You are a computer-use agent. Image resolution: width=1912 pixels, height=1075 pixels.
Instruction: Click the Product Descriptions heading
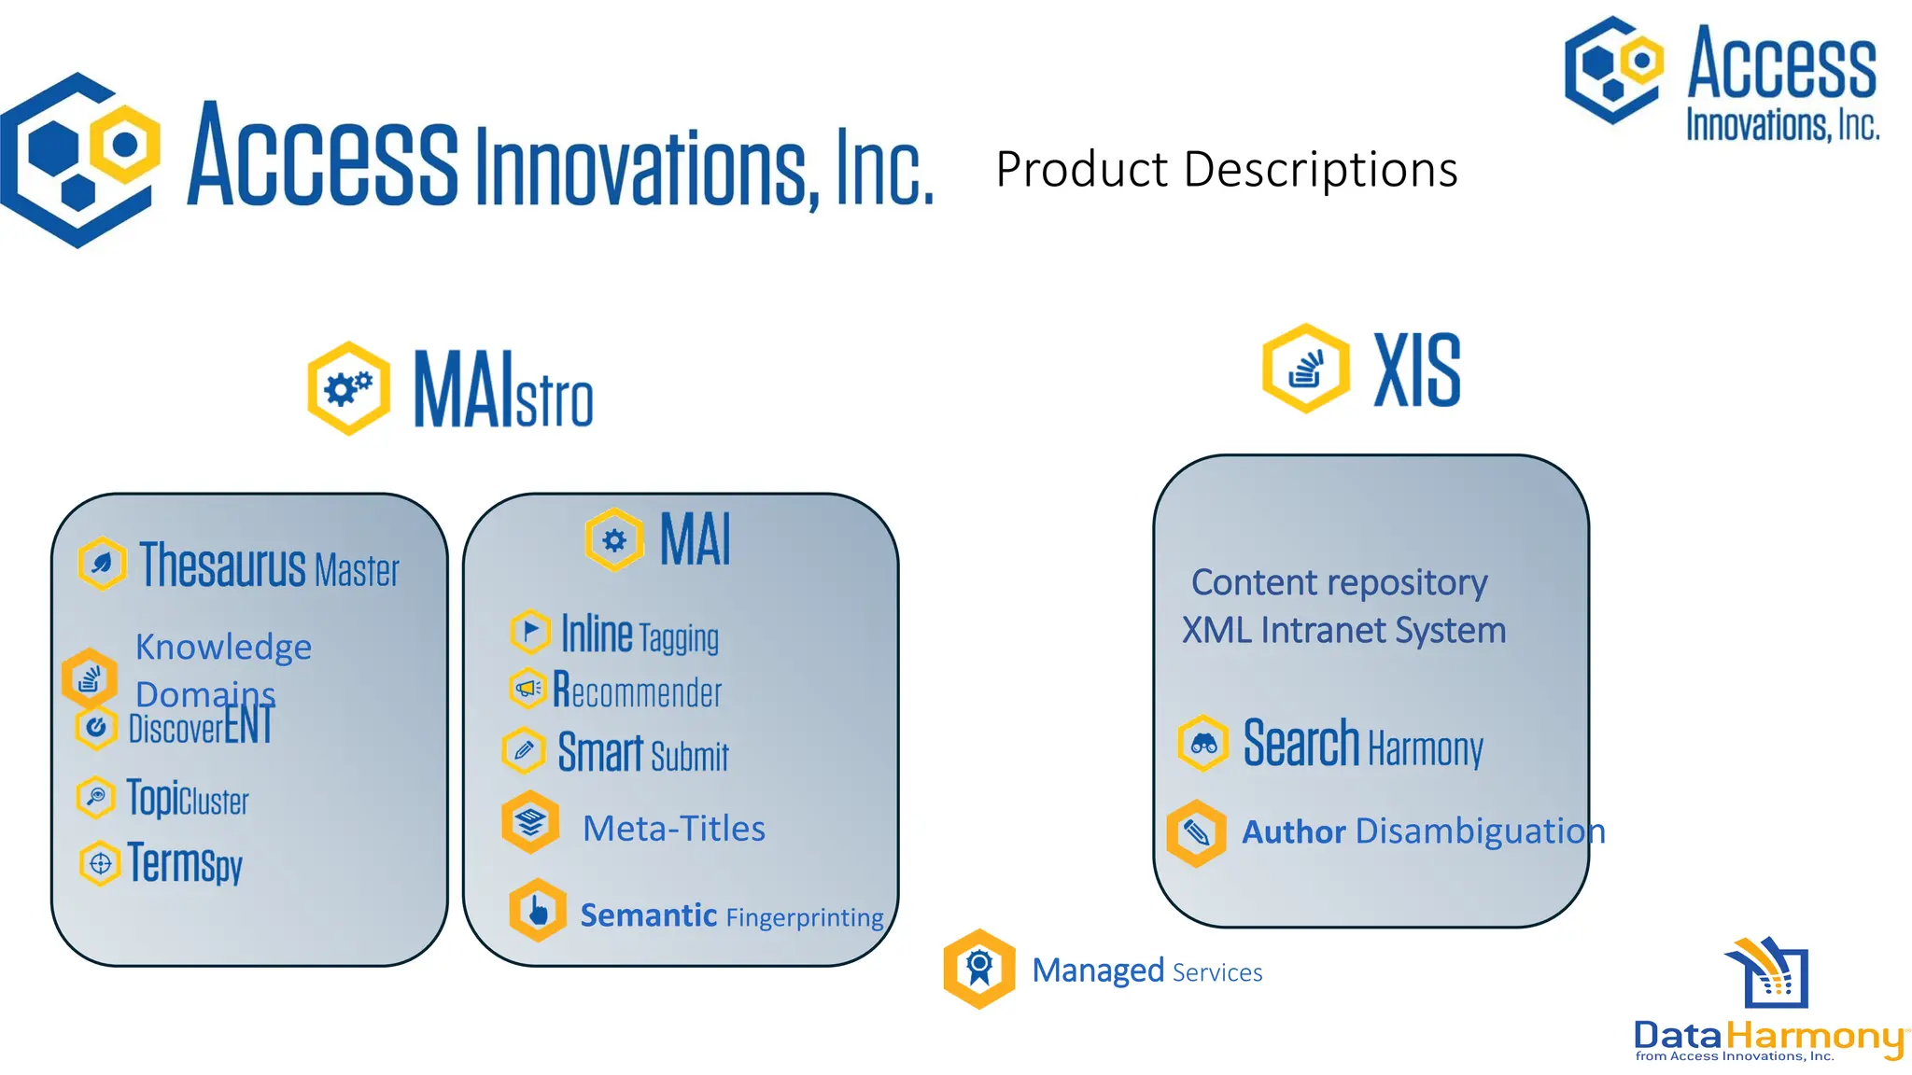1226,170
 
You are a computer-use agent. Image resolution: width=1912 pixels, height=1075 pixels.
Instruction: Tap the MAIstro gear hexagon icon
348,388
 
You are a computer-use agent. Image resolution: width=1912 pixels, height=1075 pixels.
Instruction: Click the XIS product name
1416,370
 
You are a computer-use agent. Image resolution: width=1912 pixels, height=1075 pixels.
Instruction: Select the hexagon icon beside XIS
1305,369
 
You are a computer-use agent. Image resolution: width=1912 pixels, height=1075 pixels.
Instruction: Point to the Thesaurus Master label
269,565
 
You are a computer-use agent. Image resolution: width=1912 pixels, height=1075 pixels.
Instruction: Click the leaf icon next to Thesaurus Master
102,564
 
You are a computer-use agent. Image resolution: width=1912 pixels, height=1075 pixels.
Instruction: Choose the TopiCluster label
188,799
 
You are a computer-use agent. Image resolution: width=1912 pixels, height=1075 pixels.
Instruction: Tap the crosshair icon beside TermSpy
100,864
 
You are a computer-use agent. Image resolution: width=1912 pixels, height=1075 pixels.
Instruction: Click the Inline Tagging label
640,635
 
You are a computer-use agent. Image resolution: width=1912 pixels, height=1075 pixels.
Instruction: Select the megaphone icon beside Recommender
527,689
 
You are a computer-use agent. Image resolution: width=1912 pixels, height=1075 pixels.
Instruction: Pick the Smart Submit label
643,753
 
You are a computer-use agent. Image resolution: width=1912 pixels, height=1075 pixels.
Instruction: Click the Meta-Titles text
673,829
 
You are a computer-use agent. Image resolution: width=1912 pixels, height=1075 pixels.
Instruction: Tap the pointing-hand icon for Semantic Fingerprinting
538,910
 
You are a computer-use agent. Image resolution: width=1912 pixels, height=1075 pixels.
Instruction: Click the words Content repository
1339,582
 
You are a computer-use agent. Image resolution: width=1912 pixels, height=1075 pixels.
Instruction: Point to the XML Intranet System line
1343,631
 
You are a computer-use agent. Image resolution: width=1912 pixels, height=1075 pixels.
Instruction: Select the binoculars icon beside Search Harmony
1202,744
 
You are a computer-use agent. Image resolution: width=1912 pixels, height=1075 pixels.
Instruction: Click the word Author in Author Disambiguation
1293,831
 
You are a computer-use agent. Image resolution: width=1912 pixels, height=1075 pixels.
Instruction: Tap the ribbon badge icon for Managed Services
978,969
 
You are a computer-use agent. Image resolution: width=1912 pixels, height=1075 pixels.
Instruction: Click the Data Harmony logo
1770,1003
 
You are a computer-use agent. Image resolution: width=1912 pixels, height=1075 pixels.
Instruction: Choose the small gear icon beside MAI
614,539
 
